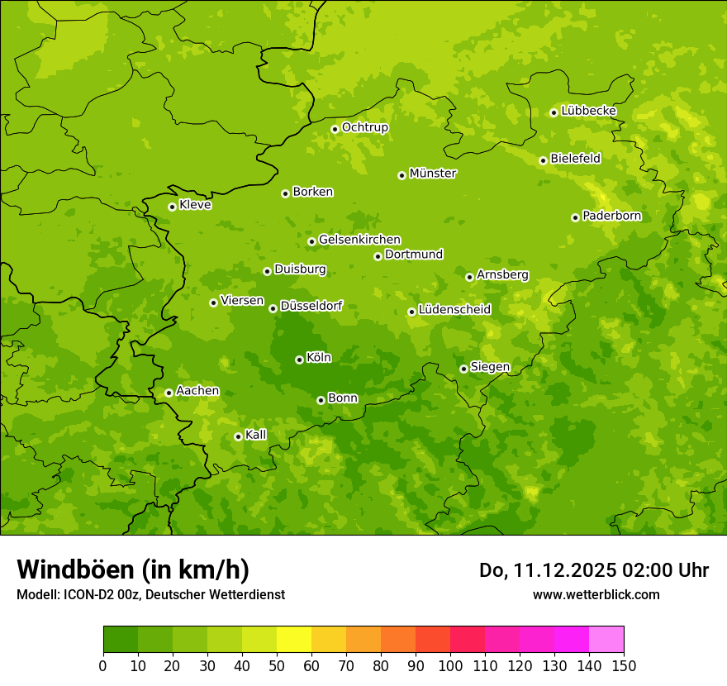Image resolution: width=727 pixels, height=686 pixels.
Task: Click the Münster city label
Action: [x=432, y=174]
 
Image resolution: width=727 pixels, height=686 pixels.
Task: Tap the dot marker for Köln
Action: [x=299, y=360]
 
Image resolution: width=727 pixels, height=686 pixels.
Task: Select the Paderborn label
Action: [x=611, y=216]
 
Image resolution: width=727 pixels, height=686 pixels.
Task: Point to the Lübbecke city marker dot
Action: [x=554, y=112]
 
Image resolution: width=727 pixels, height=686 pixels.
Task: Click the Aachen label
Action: [x=197, y=391]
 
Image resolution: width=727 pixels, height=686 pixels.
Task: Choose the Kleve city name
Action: [x=195, y=205]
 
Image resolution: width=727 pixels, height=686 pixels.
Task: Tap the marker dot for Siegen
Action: [x=463, y=369]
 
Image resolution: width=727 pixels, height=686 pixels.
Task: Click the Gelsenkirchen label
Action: [x=359, y=240]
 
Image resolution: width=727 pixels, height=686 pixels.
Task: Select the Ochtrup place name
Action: [x=364, y=127]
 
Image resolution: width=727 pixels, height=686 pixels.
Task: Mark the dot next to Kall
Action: [x=238, y=436]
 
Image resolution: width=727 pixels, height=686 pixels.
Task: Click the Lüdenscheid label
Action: [x=454, y=310]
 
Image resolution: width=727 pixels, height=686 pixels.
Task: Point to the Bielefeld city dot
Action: [x=543, y=160]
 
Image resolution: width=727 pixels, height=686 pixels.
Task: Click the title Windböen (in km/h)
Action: [x=132, y=569]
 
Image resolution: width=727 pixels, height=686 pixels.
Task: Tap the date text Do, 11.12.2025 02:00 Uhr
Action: [x=594, y=570]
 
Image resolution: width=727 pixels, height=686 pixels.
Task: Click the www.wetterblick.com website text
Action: [x=596, y=594]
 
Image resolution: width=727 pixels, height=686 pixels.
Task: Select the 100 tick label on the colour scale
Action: [x=450, y=665]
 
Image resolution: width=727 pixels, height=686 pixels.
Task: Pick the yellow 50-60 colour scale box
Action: [x=294, y=640]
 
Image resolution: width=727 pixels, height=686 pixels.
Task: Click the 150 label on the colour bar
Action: [x=624, y=665]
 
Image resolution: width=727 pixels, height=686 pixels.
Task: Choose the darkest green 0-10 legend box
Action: [x=121, y=640]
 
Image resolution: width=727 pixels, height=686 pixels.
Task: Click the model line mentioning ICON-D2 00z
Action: [x=150, y=594]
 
